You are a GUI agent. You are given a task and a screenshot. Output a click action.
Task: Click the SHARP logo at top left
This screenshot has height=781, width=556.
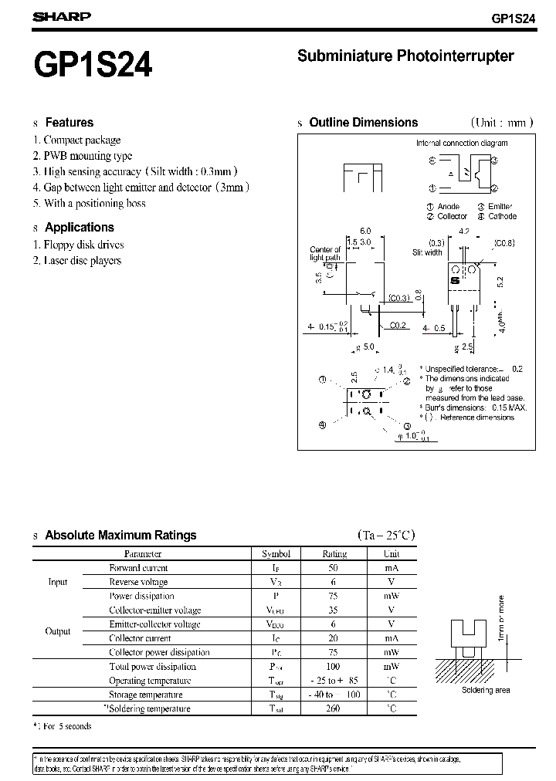click(x=61, y=16)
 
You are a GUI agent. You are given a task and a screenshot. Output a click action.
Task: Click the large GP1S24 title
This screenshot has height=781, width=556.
click(x=92, y=64)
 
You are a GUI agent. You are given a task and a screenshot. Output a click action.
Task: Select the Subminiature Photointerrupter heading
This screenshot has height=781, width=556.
click(x=405, y=56)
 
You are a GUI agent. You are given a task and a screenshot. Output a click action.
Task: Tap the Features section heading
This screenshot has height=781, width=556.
click(x=69, y=122)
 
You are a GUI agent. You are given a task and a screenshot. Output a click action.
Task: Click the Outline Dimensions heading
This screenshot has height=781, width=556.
click(x=363, y=122)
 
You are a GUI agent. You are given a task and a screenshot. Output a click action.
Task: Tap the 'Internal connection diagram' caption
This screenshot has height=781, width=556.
click(x=462, y=144)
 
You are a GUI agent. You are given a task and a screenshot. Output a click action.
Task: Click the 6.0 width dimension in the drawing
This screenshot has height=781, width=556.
click(x=365, y=232)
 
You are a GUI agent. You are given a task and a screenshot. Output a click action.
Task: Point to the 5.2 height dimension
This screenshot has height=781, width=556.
click(x=500, y=282)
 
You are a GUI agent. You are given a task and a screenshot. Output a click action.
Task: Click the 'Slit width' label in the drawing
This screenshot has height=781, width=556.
click(x=427, y=252)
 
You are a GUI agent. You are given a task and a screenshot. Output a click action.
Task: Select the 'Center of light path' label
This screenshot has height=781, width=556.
click(x=325, y=255)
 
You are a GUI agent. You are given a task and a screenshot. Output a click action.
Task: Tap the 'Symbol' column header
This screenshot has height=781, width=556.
click(x=276, y=553)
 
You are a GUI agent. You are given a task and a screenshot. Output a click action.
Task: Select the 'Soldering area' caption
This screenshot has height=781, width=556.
click(x=486, y=691)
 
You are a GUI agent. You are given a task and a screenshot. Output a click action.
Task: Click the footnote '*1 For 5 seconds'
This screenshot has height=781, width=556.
click(x=63, y=726)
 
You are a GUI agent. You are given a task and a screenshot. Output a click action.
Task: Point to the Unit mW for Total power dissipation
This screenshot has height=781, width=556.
click(x=391, y=666)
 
